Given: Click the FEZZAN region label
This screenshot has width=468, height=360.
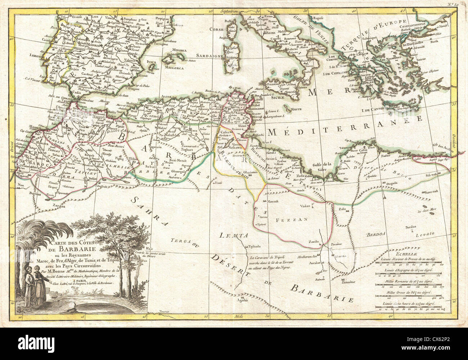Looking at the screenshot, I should (296, 219).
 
